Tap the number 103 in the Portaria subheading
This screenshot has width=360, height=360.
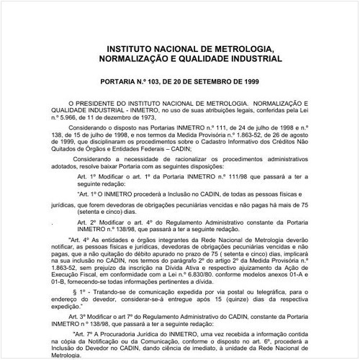pyautogui.click(x=156, y=83)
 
